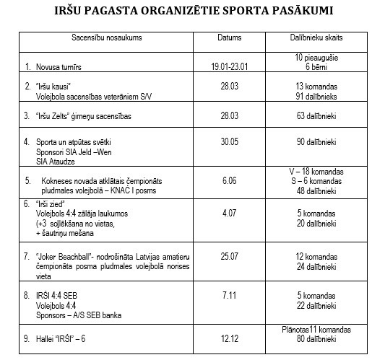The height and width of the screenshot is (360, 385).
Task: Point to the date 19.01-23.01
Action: (230, 66)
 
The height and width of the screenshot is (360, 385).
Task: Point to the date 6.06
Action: (230, 185)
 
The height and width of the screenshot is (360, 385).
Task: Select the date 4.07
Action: (230, 214)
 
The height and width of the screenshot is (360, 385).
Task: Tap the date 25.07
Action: (230, 257)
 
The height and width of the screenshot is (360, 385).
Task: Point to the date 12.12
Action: (230, 338)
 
